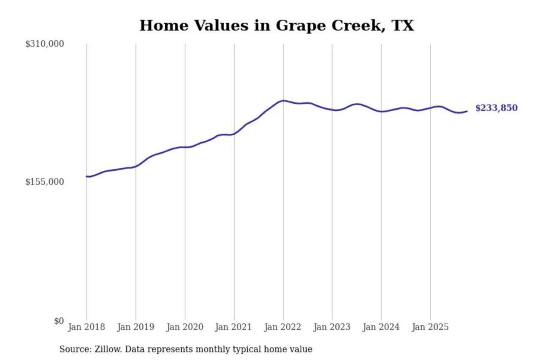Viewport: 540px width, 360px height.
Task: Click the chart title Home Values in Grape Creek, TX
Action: (x=276, y=25)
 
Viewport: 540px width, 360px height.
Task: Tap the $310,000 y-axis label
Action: (x=45, y=44)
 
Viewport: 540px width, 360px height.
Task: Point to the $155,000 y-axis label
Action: (x=45, y=182)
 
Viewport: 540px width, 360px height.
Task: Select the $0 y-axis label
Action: (x=59, y=321)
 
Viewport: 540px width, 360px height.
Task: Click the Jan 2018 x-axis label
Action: (x=86, y=327)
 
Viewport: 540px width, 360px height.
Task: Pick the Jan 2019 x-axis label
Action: (x=135, y=327)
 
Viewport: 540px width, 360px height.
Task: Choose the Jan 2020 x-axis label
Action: (x=184, y=327)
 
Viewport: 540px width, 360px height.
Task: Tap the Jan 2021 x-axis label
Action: (x=233, y=327)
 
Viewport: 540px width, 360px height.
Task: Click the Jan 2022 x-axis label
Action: (x=282, y=327)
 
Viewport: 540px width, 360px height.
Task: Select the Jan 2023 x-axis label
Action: (x=331, y=327)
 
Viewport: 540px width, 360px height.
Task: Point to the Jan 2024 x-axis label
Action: (x=381, y=327)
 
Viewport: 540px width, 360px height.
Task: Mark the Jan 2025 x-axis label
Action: (x=430, y=327)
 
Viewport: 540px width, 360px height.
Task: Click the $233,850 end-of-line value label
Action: (x=496, y=108)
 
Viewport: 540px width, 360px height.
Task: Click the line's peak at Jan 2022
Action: (x=283, y=100)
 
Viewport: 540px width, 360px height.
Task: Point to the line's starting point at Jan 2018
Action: (x=87, y=176)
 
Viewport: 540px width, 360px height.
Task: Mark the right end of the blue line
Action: (x=467, y=111)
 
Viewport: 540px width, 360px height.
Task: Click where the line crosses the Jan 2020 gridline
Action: (x=185, y=147)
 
